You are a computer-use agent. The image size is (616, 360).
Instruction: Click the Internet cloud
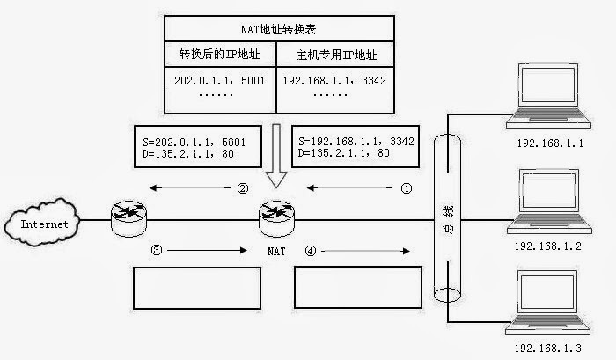[43, 224]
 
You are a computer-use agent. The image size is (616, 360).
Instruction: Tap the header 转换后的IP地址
[220, 55]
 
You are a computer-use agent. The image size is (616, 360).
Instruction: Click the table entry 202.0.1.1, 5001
[220, 81]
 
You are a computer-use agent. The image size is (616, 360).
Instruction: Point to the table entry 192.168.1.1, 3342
[334, 81]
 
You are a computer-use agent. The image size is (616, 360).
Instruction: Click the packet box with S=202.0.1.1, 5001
[194, 146]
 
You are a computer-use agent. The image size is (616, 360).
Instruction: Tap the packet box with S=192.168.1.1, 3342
[356, 146]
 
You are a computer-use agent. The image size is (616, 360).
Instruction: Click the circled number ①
[406, 187]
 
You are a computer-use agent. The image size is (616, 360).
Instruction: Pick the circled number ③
[157, 250]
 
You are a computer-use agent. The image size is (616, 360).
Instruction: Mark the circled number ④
[310, 250]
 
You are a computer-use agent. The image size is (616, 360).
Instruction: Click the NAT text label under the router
[276, 252]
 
